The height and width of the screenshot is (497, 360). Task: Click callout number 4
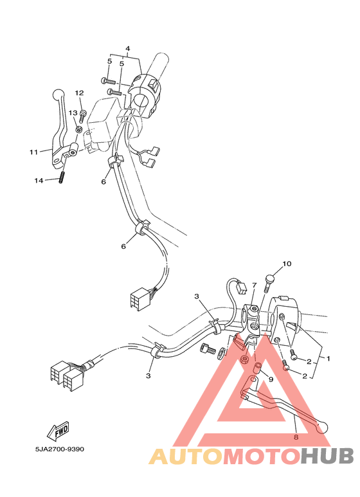pyautogui.click(x=127, y=49)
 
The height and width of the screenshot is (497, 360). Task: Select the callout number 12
pyautogui.click(x=79, y=93)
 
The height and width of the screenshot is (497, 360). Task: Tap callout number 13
pyautogui.click(x=73, y=113)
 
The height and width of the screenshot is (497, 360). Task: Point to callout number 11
pyautogui.click(x=33, y=152)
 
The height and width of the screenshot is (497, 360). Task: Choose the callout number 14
pyautogui.click(x=39, y=181)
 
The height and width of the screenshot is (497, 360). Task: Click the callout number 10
pyautogui.click(x=287, y=264)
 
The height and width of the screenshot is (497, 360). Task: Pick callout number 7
pyautogui.click(x=254, y=285)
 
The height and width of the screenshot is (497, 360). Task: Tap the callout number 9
pyautogui.click(x=271, y=379)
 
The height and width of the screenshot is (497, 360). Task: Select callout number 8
pyautogui.click(x=296, y=436)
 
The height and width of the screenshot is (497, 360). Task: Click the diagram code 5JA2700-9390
pyautogui.click(x=59, y=449)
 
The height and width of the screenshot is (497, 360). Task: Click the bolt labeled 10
pyautogui.click(x=269, y=284)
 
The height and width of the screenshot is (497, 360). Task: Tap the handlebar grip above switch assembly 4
pyautogui.click(x=157, y=64)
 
